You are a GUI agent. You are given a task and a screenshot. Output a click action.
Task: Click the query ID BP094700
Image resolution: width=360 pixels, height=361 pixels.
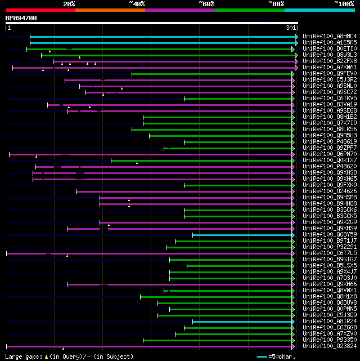coord(21,18)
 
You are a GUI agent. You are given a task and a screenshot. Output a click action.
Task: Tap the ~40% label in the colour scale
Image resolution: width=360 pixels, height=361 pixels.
coord(137,3)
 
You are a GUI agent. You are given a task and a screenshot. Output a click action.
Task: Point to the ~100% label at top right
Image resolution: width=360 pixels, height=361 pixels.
coord(344,3)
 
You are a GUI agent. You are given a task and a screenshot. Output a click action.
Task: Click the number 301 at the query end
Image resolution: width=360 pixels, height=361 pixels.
coord(291,28)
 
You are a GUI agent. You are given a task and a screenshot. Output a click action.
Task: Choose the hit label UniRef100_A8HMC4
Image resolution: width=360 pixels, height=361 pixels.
coord(329,36)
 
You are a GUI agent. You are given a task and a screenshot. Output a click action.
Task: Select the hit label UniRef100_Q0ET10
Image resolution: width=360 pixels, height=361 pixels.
coord(329,49)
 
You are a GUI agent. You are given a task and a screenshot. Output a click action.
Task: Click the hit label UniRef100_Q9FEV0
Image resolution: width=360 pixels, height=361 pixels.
coord(329,74)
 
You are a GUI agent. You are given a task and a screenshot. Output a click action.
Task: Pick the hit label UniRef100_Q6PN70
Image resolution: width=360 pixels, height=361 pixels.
coord(329,154)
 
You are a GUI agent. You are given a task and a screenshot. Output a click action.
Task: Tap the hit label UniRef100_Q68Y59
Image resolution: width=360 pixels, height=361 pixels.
coord(329,234)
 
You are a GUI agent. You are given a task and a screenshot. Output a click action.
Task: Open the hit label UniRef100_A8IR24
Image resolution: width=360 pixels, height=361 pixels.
coord(329,321)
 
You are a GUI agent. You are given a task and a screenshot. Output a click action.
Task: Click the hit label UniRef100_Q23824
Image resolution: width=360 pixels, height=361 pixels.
coord(329,346)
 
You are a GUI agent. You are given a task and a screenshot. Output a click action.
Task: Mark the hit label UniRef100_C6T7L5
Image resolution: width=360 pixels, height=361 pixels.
coord(329,253)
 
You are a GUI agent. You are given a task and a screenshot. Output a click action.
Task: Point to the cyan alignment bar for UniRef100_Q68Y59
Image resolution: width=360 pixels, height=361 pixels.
coord(242,234)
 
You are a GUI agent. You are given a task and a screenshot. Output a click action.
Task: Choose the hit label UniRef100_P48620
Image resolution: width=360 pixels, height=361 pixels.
coord(329,166)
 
